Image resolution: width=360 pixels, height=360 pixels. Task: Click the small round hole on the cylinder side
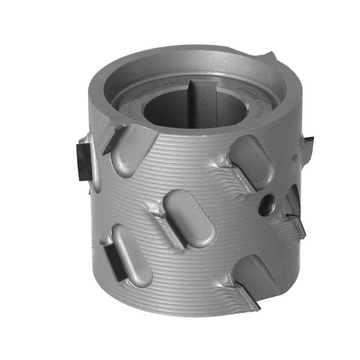tap(266, 205)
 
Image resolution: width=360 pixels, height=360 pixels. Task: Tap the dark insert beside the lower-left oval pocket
tap(114, 260)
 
